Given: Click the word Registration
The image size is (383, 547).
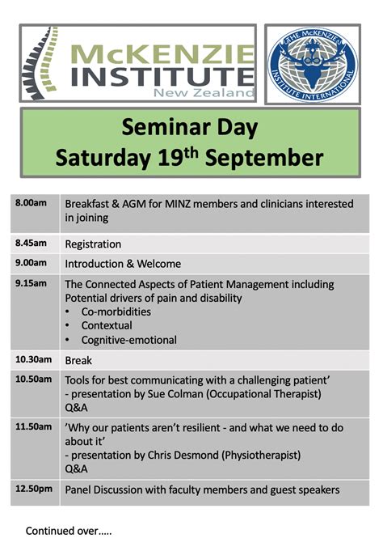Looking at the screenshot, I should pos(93,244).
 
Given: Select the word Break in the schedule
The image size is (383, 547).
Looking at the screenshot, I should pos(78,360).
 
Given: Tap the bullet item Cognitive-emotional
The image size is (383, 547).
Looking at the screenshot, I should pos(129,340).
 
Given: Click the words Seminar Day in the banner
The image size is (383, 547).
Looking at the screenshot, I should pos(189,127).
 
